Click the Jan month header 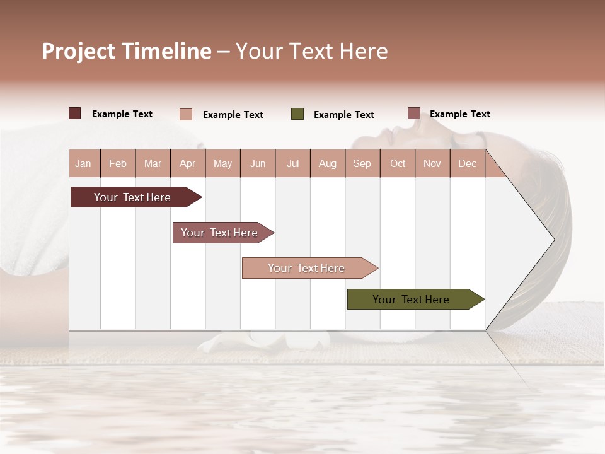click(83, 163)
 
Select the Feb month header click(118, 163)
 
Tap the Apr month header click(187, 163)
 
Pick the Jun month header click(258, 163)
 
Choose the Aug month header click(327, 163)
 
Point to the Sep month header click(362, 163)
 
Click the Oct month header click(398, 163)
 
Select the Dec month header click(467, 163)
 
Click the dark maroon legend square click(75, 113)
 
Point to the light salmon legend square click(186, 114)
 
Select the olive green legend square click(297, 114)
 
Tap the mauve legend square click(413, 113)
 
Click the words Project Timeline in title click(127, 51)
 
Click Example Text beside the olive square click(343, 115)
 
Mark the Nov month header click(432, 163)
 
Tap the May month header click(222, 163)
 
